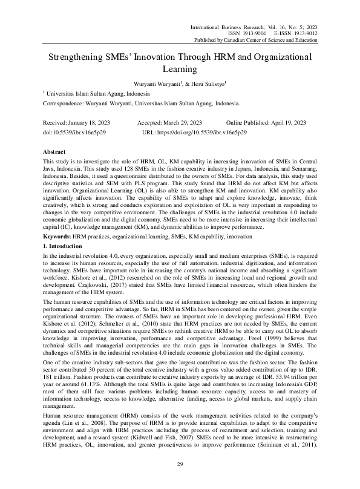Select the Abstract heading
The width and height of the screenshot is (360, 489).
(55, 150)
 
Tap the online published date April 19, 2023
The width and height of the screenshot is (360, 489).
(292, 122)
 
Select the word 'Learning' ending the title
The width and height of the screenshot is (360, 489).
(180, 70)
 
